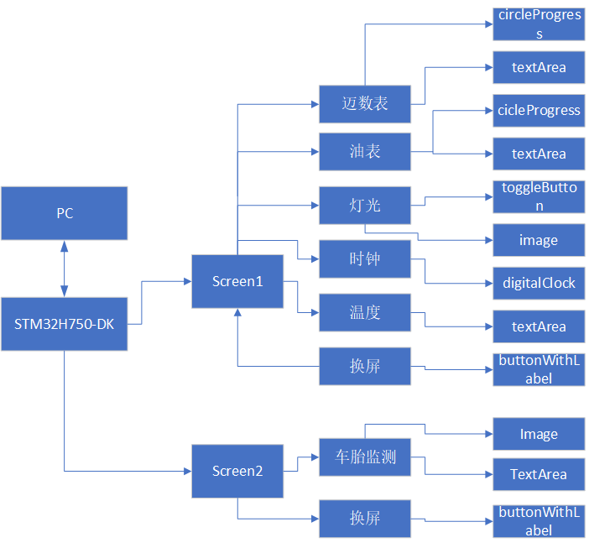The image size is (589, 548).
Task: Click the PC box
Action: point(65,213)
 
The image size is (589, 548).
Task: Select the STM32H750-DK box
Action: point(65,324)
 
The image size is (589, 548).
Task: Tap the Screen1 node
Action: point(237,281)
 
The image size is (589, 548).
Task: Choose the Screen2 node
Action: point(237,471)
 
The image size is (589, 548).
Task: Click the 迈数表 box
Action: point(365,104)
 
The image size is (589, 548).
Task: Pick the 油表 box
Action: point(365,151)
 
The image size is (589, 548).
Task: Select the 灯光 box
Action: point(365,205)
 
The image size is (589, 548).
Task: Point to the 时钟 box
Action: point(365,258)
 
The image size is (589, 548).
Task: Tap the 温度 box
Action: point(365,313)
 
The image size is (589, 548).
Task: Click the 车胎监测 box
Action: point(365,457)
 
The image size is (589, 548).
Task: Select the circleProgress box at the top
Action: point(539,23)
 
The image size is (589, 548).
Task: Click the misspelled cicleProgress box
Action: point(539,110)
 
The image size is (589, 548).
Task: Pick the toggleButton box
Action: point(539,196)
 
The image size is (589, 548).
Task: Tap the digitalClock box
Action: point(539,283)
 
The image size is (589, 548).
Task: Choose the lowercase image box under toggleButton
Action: point(539,240)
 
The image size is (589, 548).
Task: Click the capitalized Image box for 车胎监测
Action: point(539,434)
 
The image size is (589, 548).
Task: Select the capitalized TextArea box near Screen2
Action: point(539,474)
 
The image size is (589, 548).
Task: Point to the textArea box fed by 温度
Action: point(539,326)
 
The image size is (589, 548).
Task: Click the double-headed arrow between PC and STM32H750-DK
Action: point(65,269)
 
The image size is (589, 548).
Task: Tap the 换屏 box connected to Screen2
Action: point(365,518)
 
